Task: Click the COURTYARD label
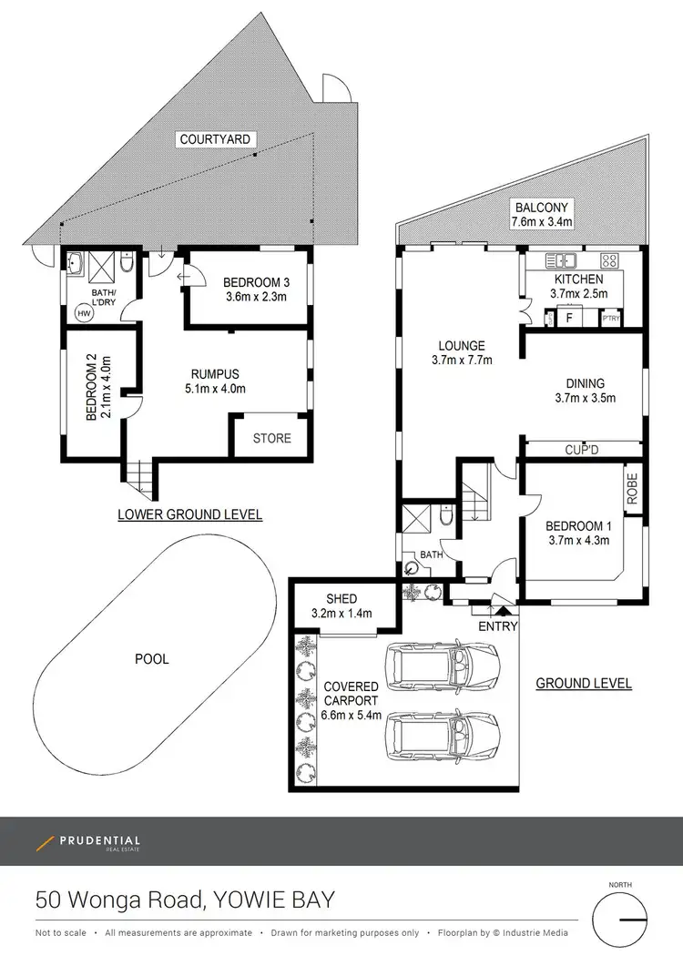(216, 139)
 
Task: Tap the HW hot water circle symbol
(85, 312)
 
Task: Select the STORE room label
(272, 438)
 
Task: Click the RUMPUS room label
(215, 373)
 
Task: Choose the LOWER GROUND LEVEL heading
(190, 515)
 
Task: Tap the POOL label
(151, 658)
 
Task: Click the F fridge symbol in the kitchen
(569, 319)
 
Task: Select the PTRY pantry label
(610, 320)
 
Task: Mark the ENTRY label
(497, 626)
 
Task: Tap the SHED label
(341, 599)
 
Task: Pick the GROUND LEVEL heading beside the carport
(584, 684)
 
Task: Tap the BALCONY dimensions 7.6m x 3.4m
(541, 220)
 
